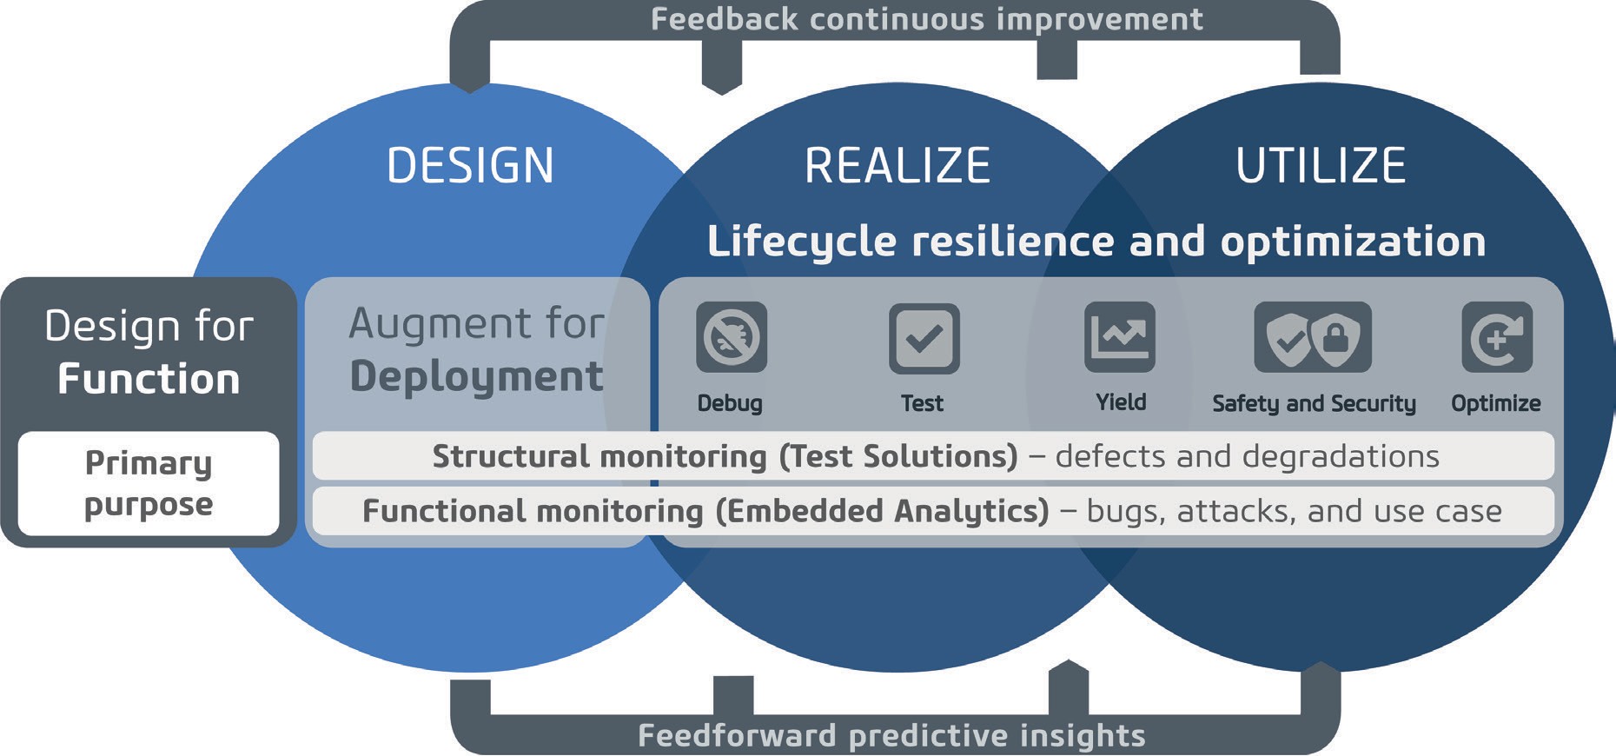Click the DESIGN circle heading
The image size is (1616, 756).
coord(470,165)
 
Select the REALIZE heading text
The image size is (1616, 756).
coord(897,165)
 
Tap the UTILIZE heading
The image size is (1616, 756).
coord(1321,165)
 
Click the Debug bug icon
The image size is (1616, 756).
coord(732,337)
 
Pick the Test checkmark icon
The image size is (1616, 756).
coord(924,338)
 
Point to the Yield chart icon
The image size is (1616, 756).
coord(1120,337)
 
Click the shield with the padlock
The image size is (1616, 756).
coord(1338,337)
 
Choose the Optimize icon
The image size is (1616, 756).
coord(1497,337)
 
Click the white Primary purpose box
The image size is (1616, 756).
coord(149,483)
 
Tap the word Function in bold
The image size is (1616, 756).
coord(149,380)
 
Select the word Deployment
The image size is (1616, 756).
coord(476,377)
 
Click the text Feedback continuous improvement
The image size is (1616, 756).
coord(926,19)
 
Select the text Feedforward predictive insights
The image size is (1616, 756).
coord(891,735)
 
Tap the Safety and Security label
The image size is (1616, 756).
coord(1314,403)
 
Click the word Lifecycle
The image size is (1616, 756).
coord(801,242)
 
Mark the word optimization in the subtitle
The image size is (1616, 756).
coord(1353,242)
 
